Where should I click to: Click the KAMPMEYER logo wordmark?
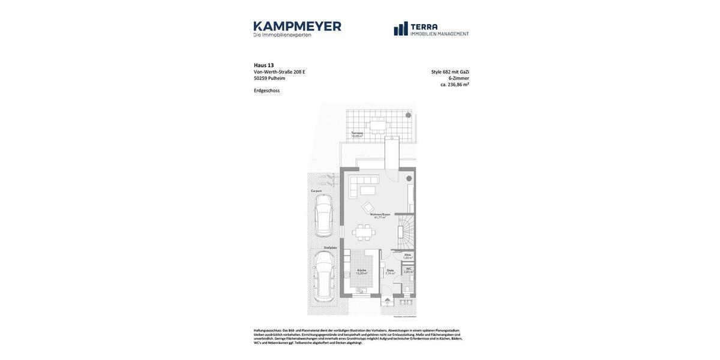click(x=297, y=26)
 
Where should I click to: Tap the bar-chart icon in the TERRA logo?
click(x=401, y=29)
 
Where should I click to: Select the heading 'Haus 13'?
click(x=263, y=65)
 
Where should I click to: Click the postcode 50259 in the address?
click(x=260, y=78)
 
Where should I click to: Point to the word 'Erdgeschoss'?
click(x=266, y=91)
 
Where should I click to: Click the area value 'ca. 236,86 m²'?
click(x=454, y=85)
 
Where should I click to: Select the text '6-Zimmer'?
click(x=460, y=78)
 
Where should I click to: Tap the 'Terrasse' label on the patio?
click(x=357, y=133)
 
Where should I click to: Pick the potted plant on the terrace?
click(x=408, y=115)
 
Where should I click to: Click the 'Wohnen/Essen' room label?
click(x=380, y=214)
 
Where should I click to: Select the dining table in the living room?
click(x=363, y=232)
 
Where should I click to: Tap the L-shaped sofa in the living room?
click(x=363, y=184)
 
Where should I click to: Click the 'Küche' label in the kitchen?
click(x=361, y=270)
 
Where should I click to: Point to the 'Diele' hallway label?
click(x=390, y=271)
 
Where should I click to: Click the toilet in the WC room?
click(x=407, y=288)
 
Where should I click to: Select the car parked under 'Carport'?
click(x=323, y=215)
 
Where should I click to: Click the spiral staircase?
click(x=406, y=233)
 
